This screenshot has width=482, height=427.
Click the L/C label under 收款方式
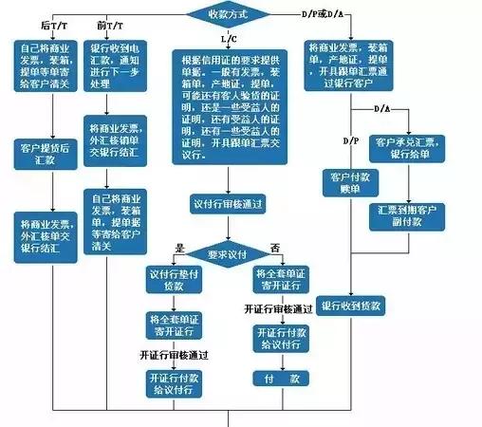[229, 40]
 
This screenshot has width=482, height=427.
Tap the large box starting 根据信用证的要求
[228, 106]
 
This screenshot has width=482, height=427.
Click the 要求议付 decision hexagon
[228, 253]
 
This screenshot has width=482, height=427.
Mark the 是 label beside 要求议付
[177, 248]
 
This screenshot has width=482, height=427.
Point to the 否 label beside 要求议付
[276, 248]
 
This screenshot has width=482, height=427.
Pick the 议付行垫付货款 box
[172, 279]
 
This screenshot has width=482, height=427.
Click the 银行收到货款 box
[351, 306]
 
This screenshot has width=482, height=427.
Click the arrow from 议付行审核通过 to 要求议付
[227, 227]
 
